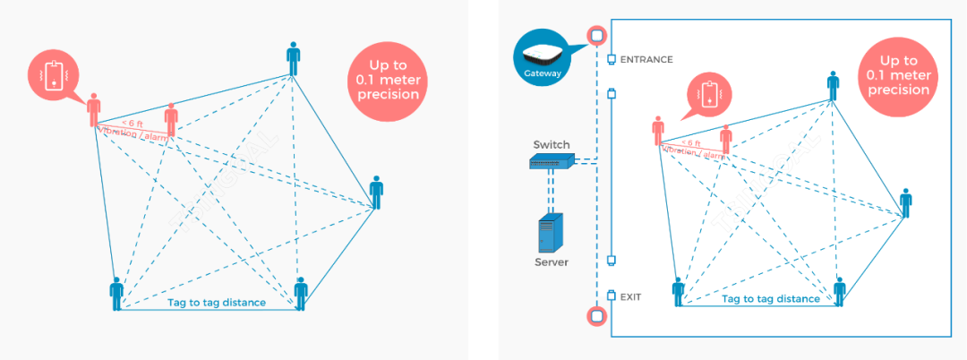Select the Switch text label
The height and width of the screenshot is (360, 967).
point(551,144)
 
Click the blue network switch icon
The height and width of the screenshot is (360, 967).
point(551,162)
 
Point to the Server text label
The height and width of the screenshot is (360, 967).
point(552,262)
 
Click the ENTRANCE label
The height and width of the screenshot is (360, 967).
point(646,60)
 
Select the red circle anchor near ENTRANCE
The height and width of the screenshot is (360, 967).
point(596,35)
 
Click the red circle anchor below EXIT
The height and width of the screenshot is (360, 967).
point(596,315)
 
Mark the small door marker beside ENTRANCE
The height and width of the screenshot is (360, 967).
point(612,59)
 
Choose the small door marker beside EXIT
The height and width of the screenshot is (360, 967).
point(612,295)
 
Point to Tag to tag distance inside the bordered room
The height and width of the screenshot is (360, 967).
point(770,299)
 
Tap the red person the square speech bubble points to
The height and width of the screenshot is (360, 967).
point(94,112)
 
